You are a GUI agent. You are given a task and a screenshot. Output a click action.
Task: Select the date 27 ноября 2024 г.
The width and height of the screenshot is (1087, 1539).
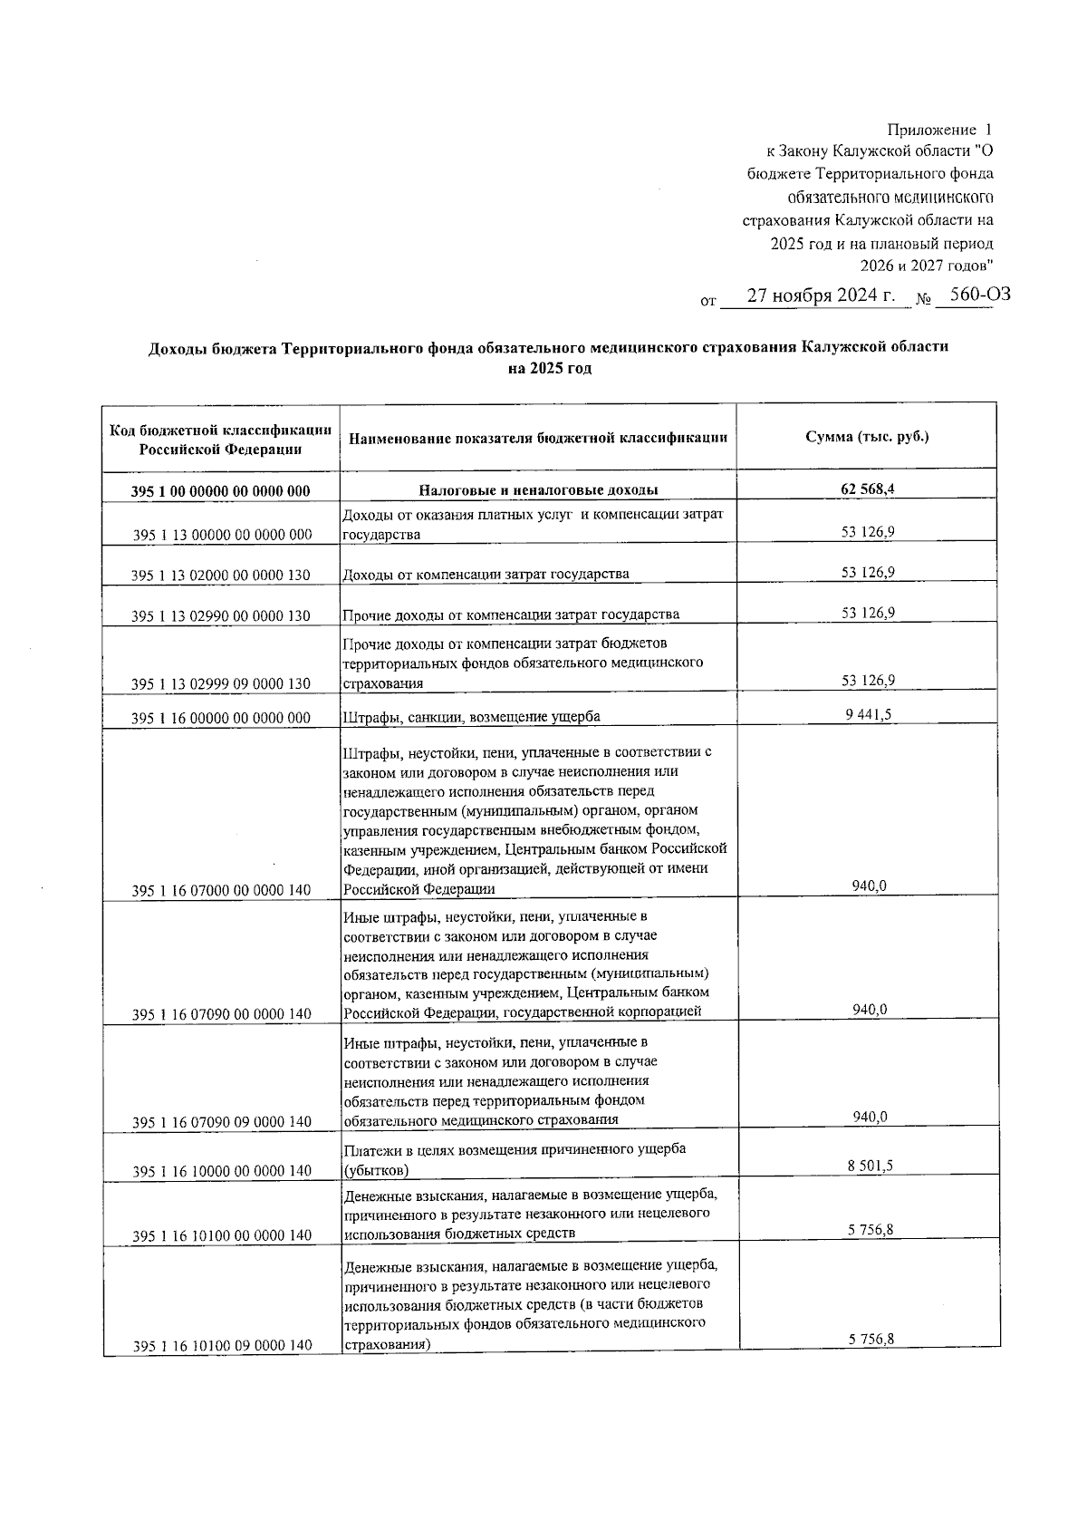click(821, 296)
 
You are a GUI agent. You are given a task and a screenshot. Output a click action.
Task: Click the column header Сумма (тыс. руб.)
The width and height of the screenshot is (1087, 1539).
click(868, 437)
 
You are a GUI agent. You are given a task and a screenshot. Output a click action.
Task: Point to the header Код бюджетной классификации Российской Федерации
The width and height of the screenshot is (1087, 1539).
click(221, 439)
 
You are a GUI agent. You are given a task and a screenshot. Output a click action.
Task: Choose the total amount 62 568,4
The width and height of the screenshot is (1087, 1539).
click(868, 489)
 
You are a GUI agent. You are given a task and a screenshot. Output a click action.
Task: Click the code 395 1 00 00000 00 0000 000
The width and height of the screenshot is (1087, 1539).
click(221, 491)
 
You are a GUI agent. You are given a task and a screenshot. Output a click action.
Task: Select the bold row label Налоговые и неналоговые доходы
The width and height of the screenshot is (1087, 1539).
click(538, 490)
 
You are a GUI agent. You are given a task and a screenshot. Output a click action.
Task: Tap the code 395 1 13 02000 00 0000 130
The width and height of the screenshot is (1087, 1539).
click(221, 575)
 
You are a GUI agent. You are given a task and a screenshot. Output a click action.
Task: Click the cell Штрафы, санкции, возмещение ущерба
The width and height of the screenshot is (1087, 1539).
click(471, 717)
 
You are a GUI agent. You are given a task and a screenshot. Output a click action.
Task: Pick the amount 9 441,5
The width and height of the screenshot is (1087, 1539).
click(868, 714)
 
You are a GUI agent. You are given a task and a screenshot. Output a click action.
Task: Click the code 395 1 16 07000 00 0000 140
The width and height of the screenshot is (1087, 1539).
click(221, 890)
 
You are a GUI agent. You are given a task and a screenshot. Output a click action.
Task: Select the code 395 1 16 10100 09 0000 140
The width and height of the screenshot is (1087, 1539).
click(221, 1346)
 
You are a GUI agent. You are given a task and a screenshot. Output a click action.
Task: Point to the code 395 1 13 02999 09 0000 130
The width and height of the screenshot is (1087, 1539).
click(221, 683)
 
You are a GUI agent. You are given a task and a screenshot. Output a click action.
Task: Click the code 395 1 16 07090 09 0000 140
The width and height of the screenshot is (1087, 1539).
click(221, 1121)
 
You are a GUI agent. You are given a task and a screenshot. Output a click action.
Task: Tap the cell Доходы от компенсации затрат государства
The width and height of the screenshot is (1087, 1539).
click(486, 574)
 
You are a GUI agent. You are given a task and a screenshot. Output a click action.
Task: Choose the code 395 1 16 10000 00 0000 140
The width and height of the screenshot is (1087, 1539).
click(221, 1171)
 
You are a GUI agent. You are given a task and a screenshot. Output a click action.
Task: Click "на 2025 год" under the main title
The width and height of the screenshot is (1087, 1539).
click(549, 369)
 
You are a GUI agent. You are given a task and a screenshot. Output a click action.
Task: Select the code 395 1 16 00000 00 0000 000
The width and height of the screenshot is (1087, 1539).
click(221, 718)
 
